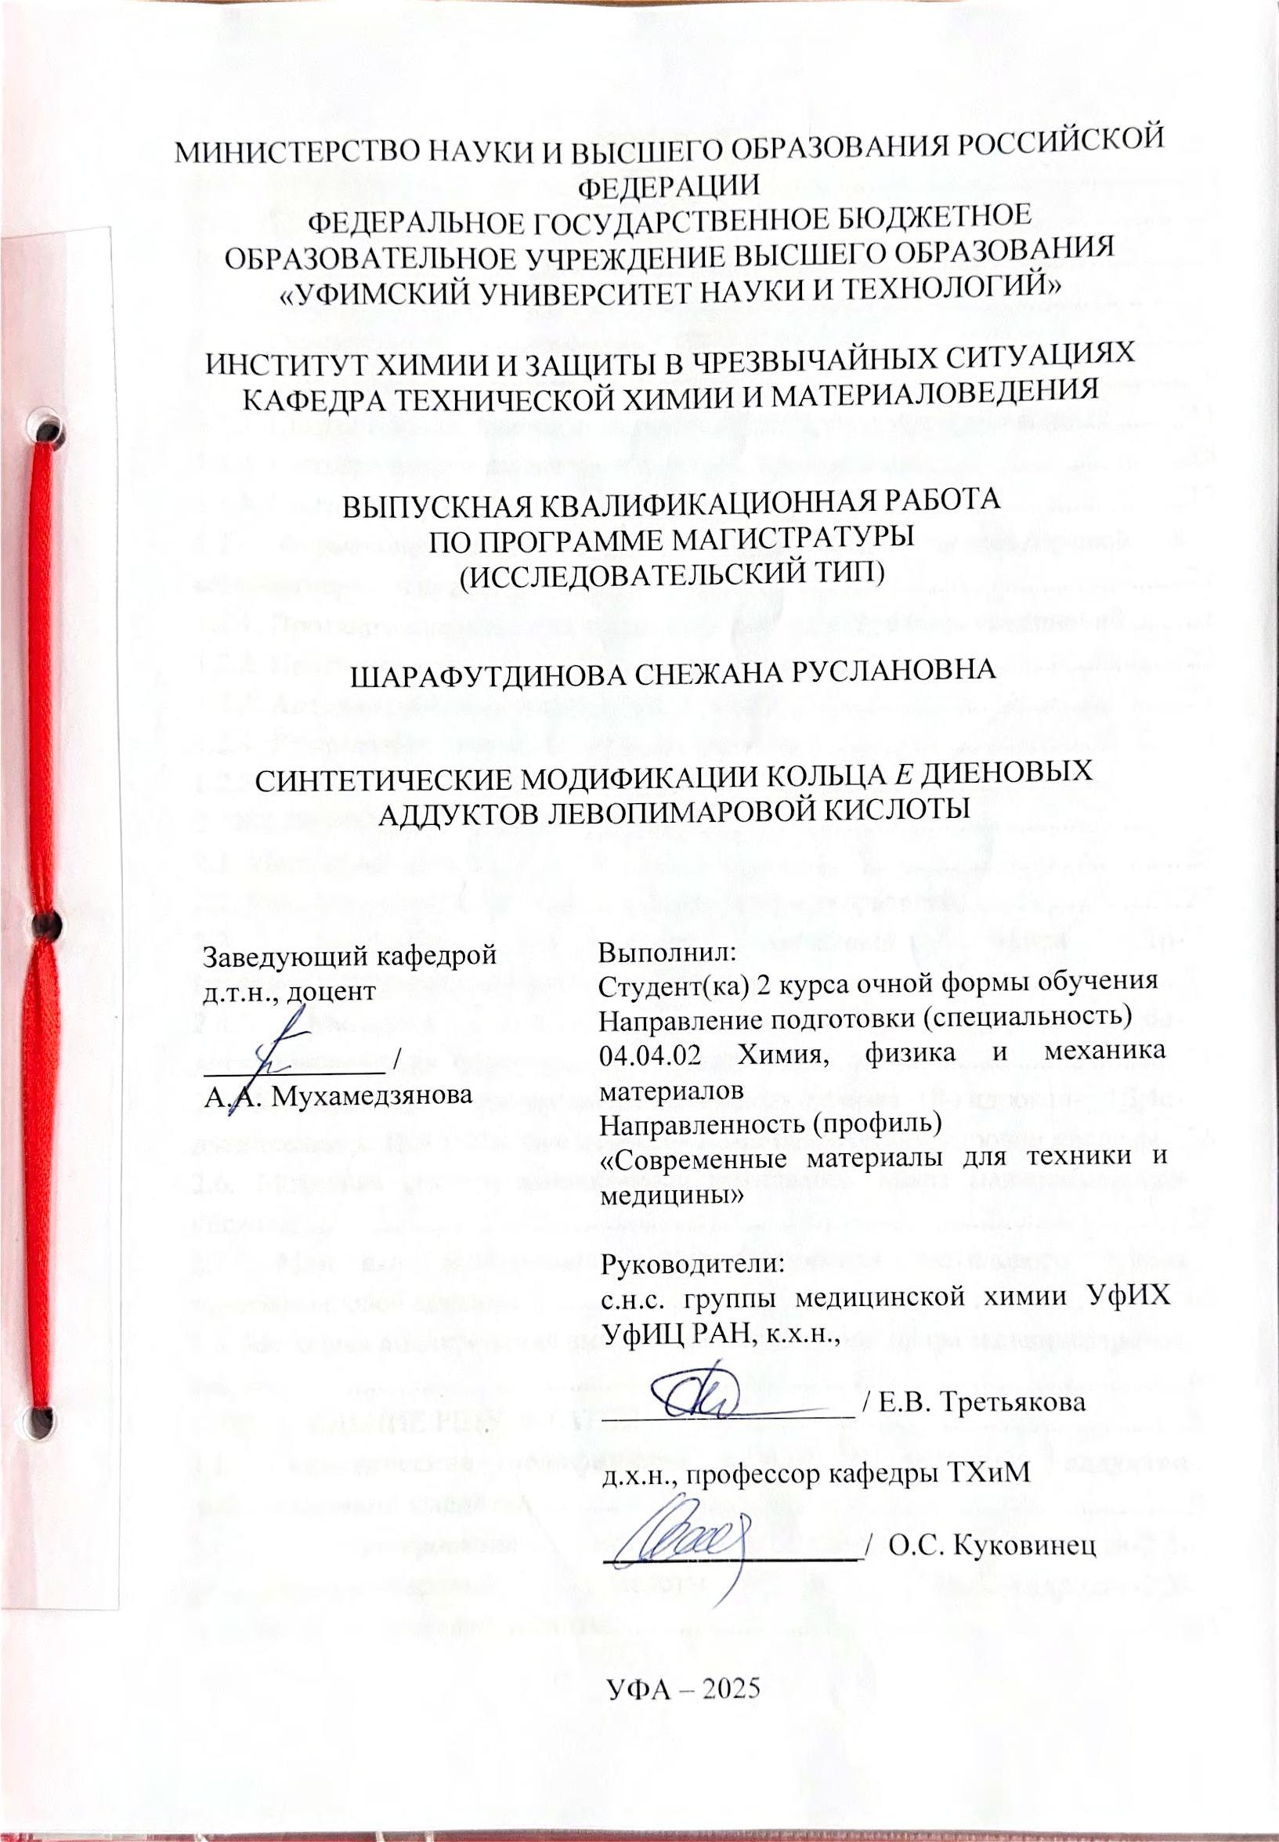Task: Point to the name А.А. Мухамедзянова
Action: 338,1096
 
